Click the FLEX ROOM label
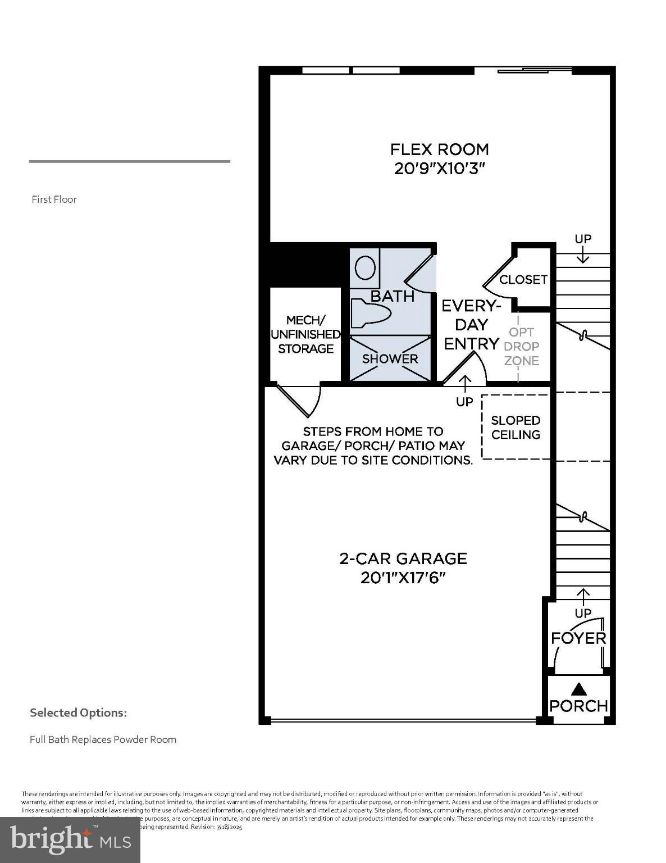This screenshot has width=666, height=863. [x=439, y=149]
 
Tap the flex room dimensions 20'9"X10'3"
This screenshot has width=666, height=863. [x=439, y=169]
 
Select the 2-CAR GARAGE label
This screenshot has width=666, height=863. [x=403, y=558]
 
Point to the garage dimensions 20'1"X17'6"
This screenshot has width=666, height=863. [x=403, y=578]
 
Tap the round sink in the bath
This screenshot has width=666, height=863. [x=366, y=268]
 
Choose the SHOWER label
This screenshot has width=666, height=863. [x=390, y=359]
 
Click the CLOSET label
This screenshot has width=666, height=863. [x=523, y=279]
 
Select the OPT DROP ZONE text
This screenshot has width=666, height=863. [x=521, y=346]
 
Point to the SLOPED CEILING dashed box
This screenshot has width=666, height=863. [x=516, y=427]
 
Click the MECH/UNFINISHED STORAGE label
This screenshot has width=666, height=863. [x=305, y=334]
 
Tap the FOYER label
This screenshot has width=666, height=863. [x=578, y=638]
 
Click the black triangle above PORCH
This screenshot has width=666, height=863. [x=578, y=689]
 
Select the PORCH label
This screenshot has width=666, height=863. [x=578, y=706]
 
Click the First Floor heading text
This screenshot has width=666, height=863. [x=54, y=199]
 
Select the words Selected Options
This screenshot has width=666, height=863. [x=78, y=713]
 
